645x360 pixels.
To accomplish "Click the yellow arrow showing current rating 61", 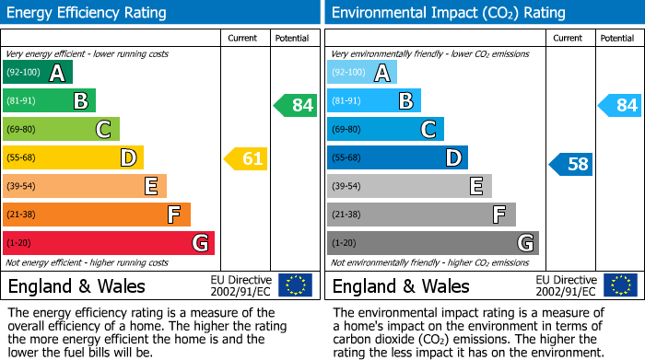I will (246, 159).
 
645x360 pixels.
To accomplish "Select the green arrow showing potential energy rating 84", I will (296, 105).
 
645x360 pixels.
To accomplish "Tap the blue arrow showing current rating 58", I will (571, 165).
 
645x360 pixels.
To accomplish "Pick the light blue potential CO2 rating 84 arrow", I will (620, 105).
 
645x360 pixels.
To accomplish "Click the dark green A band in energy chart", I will (38, 73).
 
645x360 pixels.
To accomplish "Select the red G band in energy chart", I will (109, 243).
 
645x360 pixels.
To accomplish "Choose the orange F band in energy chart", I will (97, 215).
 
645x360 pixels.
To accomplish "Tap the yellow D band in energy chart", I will (74, 157).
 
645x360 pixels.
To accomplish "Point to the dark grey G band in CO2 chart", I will (432, 243).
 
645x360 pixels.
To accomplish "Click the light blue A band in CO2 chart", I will (362, 73).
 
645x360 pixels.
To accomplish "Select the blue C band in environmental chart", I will (385, 129).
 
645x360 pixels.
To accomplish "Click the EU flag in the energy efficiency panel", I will (295, 285).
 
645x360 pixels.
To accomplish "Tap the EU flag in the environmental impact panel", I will (620, 285).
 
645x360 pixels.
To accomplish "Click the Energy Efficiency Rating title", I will (87, 13).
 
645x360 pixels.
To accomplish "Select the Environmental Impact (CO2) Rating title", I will (448, 13).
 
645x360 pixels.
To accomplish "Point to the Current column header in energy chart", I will (244, 38).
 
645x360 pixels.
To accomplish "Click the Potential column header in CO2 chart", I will (616, 38).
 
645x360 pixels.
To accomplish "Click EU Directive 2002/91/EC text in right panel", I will (566, 285).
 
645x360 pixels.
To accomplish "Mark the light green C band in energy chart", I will (62, 129).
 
